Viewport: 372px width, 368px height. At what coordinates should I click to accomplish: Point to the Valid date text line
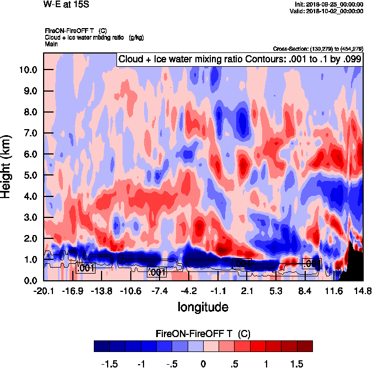coord(328,11)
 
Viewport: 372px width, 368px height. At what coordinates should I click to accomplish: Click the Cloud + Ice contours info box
coord(239,59)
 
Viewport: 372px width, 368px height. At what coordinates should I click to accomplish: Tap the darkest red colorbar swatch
coord(305,346)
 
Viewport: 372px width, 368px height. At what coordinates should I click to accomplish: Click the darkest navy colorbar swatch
coord(102,346)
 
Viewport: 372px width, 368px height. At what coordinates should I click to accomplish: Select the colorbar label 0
coord(203,364)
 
